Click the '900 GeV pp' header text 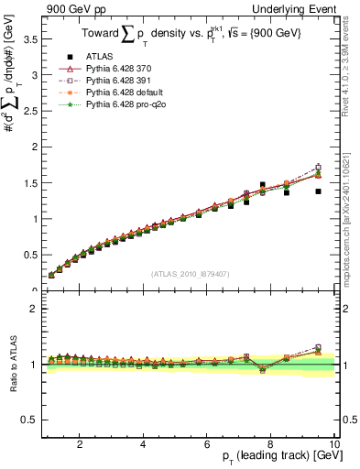pyautogui.click(x=73, y=10)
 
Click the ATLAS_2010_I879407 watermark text pyautogui.click(x=189, y=272)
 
